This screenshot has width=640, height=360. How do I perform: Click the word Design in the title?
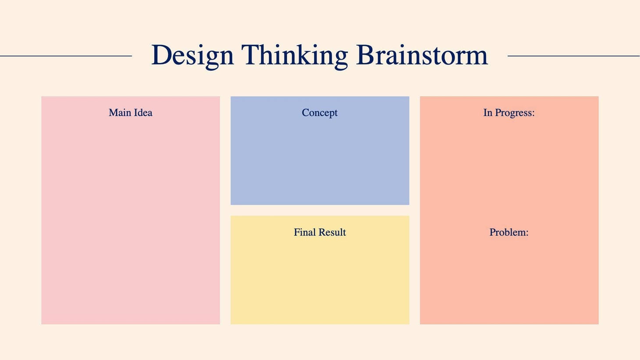tap(192, 55)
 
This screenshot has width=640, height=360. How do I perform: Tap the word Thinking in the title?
tap(294, 55)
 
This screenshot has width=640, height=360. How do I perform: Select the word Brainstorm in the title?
tap(422, 55)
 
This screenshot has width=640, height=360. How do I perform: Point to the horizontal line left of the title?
tap(66, 56)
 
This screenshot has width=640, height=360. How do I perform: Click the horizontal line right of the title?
tap(573, 56)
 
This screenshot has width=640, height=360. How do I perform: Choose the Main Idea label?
tap(131, 113)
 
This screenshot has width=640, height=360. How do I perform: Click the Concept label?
tap(320, 113)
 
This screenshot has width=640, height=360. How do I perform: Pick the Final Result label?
tap(320, 232)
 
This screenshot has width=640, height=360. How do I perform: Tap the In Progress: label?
tap(509, 113)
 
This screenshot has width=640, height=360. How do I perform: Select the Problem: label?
tap(509, 232)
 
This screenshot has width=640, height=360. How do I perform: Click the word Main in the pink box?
tap(120, 113)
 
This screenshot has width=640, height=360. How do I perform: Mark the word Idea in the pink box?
tap(143, 113)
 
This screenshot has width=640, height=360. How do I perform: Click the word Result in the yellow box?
tap(332, 232)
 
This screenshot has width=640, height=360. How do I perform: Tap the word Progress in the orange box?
tap(515, 113)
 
